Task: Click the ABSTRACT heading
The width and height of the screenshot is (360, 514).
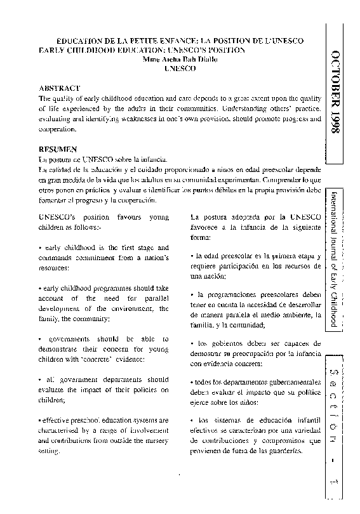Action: tap(59, 88)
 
